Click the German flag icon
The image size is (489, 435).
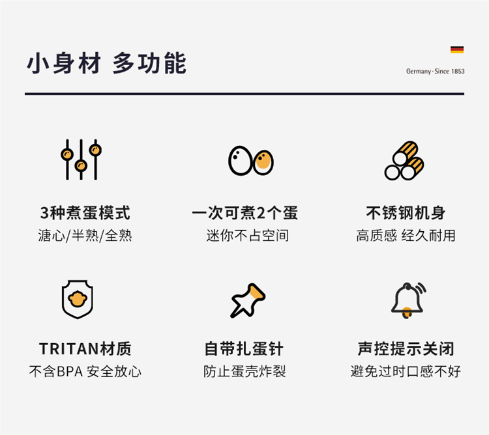tap(457, 49)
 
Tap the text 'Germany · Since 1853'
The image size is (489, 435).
tap(435, 72)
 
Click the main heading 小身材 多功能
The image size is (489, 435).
tap(107, 63)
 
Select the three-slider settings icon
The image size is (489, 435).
tap(81, 159)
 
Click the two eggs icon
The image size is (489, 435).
tap(251, 161)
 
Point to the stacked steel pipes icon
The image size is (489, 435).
tap(404, 161)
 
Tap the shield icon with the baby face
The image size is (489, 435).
tap(78, 299)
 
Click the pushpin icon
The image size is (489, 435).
tap(248, 300)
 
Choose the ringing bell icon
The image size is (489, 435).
tap(409, 300)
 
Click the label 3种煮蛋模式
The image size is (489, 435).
tap(85, 213)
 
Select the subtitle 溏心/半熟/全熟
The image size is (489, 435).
tap(85, 235)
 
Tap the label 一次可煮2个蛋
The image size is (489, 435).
tap(244, 213)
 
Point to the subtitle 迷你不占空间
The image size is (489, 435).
tap(248, 235)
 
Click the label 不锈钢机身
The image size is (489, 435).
tap(406, 213)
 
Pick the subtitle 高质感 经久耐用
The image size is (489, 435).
tap(406, 235)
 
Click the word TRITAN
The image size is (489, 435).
tap(69, 349)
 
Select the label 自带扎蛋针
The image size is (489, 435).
tap(244, 349)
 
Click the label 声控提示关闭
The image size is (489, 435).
tap(406, 349)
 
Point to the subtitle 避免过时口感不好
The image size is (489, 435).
tap(406, 371)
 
